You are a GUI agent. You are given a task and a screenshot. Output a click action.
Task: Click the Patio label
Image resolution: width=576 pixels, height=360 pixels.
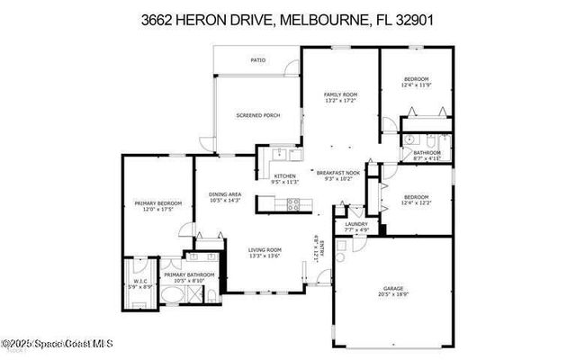click(x=257, y=60)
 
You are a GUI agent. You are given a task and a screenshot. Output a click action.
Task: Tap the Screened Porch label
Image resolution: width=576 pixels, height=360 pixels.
click(x=257, y=115)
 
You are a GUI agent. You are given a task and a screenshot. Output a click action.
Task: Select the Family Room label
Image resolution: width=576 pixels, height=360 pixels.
click(x=341, y=94)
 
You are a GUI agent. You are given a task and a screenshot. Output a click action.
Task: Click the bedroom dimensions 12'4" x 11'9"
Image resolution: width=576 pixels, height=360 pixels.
click(x=416, y=85)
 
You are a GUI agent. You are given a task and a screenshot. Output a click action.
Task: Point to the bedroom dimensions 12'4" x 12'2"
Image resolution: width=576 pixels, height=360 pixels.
click(x=416, y=203)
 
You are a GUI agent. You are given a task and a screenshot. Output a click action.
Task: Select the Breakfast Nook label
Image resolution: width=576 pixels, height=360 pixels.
click(x=338, y=172)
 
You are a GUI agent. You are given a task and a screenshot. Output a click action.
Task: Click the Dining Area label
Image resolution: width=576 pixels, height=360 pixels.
click(x=225, y=193)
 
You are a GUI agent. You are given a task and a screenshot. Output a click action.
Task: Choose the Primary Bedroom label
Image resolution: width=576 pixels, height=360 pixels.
click(x=158, y=204)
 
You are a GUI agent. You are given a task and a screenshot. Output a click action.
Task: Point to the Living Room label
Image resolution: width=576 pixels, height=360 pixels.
click(x=265, y=249)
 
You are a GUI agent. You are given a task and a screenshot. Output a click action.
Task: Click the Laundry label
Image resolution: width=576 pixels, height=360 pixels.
click(x=355, y=224)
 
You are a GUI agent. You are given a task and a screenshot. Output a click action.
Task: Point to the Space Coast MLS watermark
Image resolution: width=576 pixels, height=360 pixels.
click(x=58, y=342)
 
